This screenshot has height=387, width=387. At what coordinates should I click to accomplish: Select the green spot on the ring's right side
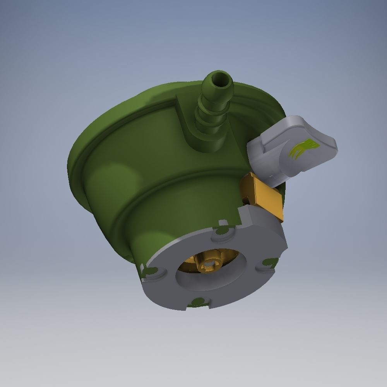pos(268,263)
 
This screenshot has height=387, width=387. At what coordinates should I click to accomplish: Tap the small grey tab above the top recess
pos(223,223)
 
